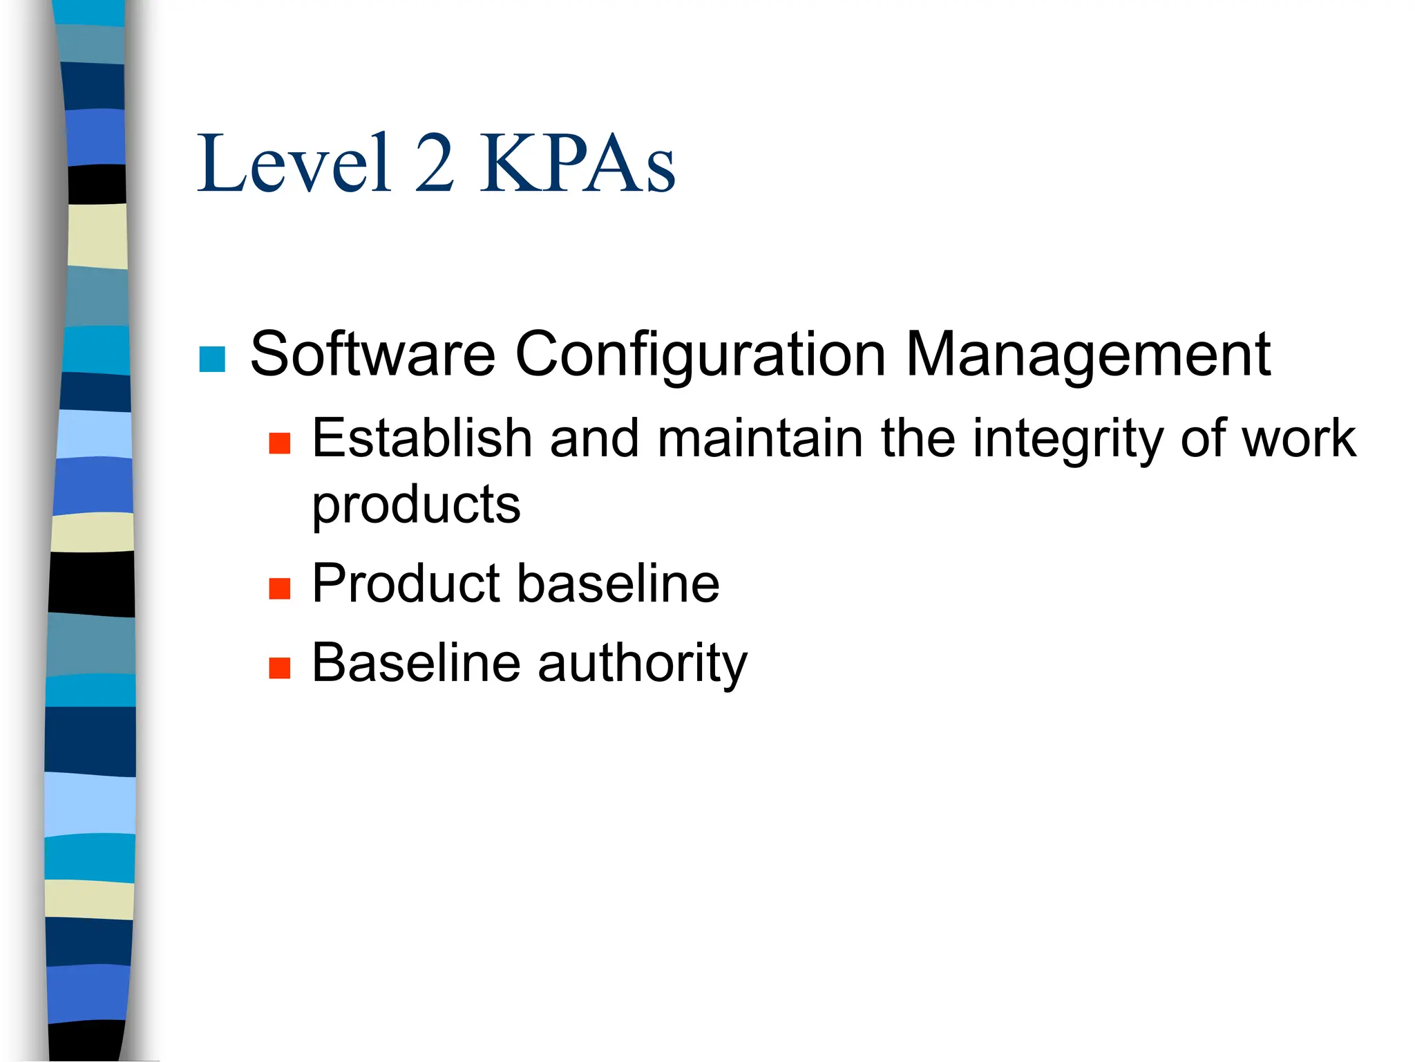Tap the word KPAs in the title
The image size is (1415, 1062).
tap(578, 165)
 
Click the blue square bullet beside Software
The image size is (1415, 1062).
tap(212, 359)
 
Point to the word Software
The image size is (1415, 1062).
tap(372, 354)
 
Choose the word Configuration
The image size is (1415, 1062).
tap(700, 354)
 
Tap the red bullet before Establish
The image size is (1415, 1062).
tap(279, 443)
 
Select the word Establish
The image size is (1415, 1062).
tap(421, 438)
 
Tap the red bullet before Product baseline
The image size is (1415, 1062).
tap(279, 589)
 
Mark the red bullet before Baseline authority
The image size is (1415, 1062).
tap(279, 668)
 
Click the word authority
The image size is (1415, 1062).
tap(643, 664)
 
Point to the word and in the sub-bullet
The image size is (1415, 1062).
tap(594, 438)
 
